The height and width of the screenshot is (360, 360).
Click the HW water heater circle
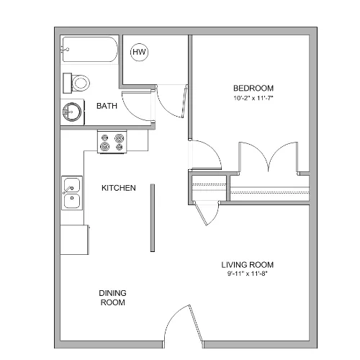pyautogui.click(x=139, y=52)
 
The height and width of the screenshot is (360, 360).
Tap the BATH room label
pyautogui.click(x=107, y=106)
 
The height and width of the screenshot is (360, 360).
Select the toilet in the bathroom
pyautogui.click(x=76, y=84)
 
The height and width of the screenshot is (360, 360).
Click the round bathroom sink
pyautogui.click(x=72, y=112)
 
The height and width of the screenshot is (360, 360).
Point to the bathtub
pyautogui.click(x=90, y=50)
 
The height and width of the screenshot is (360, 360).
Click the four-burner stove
pyautogui.click(x=112, y=142)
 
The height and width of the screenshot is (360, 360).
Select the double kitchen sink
pyautogui.click(x=72, y=193)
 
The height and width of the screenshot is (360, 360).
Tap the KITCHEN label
pyautogui.click(x=119, y=188)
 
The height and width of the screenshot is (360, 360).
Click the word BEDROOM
pyautogui.click(x=253, y=89)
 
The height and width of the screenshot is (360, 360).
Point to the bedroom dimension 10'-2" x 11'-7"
pyautogui.click(x=253, y=98)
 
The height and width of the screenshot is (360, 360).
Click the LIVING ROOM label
pyautogui.click(x=247, y=265)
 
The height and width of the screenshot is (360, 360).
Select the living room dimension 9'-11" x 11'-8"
pyautogui.click(x=247, y=274)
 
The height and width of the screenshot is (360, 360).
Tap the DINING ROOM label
pyautogui.click(x=112, y=297)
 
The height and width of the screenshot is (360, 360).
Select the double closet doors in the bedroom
pyautogui.click(x=269, y=156)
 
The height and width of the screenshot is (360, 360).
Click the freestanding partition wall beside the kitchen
pyautogui.click(x=153, y=218)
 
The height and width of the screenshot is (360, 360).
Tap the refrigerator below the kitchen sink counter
pyautogui.click(x=74, y=240)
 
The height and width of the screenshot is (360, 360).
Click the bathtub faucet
pyautogui.click(x=66, y=50)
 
